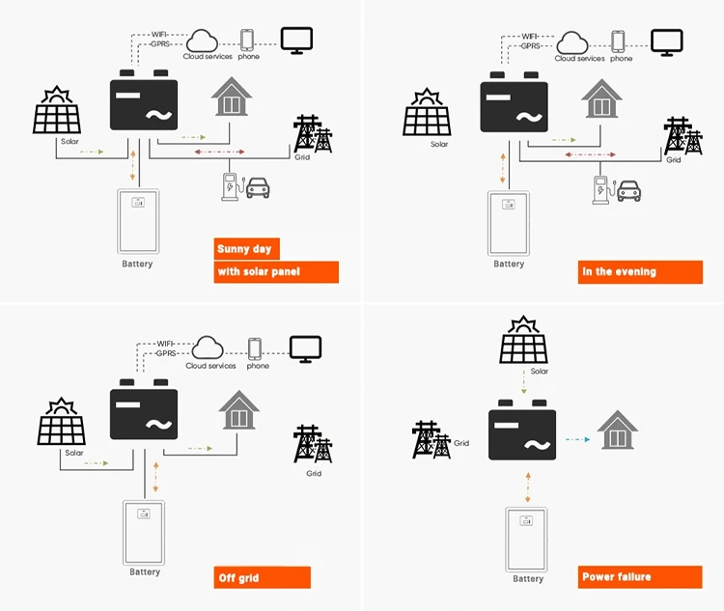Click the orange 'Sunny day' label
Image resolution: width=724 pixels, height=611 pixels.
244,249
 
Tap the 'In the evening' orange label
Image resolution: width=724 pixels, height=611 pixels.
619,271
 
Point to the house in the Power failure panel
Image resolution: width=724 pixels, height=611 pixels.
617,430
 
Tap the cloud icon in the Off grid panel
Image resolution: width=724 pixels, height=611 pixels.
209,347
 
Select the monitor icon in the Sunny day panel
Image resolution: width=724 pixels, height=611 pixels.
297,39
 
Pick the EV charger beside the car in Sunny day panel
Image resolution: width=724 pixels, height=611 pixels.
230,185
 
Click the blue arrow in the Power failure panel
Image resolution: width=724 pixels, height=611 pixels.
576,439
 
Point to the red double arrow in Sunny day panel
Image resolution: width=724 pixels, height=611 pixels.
219,152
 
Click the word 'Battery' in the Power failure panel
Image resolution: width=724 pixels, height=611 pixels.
528,579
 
